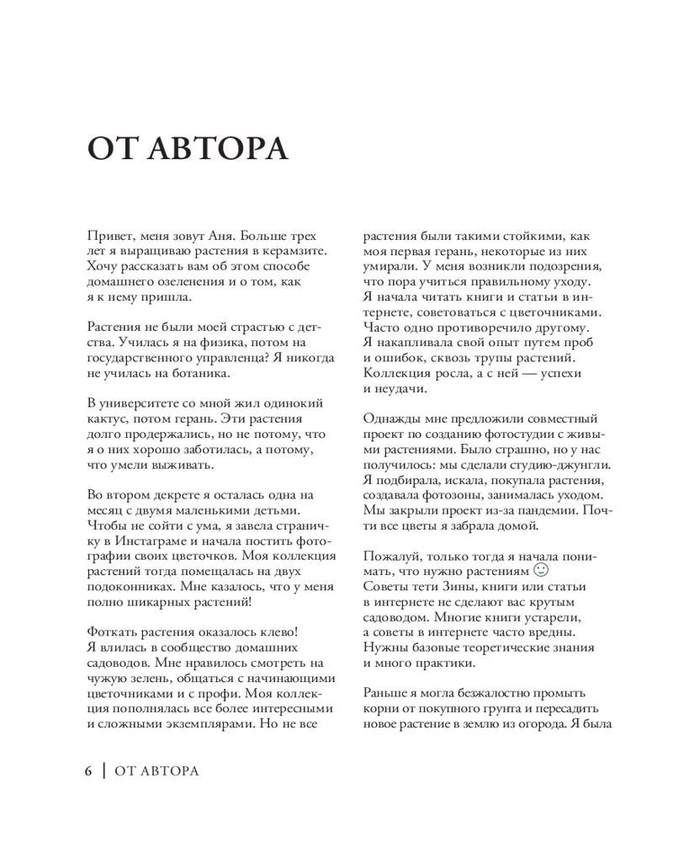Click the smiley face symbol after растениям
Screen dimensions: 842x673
tap(541, 570)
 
